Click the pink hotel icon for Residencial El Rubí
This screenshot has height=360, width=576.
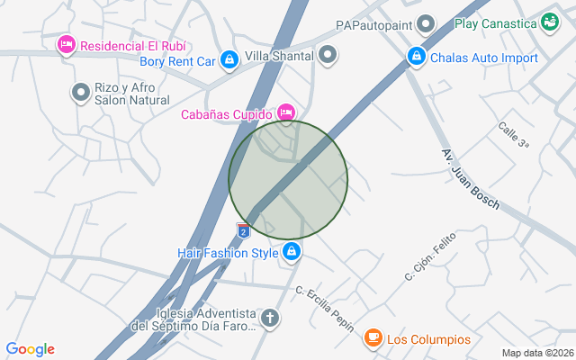[x=66, y=44]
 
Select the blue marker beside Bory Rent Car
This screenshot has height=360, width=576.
[x=229, y=61]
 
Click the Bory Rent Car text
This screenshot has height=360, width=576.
[x=178, y=62]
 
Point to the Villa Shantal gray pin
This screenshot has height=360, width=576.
[x=328, y=55]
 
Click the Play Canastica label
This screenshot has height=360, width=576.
[x=496, y=23]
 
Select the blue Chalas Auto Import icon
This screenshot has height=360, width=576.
[x=416, y=57]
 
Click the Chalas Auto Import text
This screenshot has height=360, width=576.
[x=484, y=58]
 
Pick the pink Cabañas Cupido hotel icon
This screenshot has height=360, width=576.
[x=286, y=112]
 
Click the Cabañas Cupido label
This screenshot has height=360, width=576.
[x=225, y=113]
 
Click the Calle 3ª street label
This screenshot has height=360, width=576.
[x=514, y=136]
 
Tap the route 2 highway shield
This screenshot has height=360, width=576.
[x=243, y=231]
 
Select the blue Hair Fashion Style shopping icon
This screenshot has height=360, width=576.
[x=291, y=253]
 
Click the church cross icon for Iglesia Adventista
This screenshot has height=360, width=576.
[x=269, y=319]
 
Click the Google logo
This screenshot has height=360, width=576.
[x=30, y=349]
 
